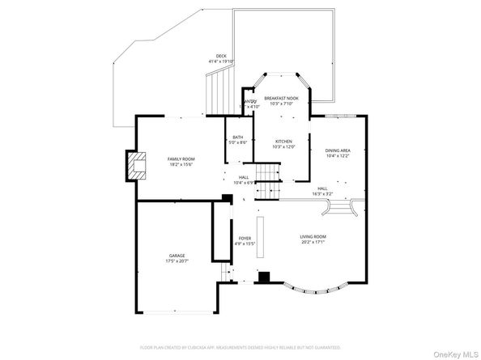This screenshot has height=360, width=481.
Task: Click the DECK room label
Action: coord(220,56)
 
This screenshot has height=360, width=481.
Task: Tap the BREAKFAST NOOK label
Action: coord(281,98)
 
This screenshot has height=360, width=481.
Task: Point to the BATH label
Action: coord(238,138)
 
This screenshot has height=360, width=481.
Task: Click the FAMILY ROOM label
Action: coord(181,159)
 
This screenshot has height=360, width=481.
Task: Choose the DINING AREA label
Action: coord(338,150)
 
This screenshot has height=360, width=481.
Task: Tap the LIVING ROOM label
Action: coord(313,236)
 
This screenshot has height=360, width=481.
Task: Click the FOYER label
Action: coord(245,238)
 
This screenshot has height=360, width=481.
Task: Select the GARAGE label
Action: coord(176,255)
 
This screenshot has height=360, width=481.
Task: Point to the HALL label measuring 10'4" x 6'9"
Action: coord(244,177)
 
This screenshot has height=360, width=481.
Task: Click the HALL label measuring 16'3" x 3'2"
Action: coord(322,188)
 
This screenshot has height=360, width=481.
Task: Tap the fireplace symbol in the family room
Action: coord(136,167)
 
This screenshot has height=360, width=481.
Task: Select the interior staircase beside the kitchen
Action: coord(266,175)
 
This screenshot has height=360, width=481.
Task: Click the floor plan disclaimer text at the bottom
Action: coord(240,346)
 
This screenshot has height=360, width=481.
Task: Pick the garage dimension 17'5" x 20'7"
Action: coord(176,260)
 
